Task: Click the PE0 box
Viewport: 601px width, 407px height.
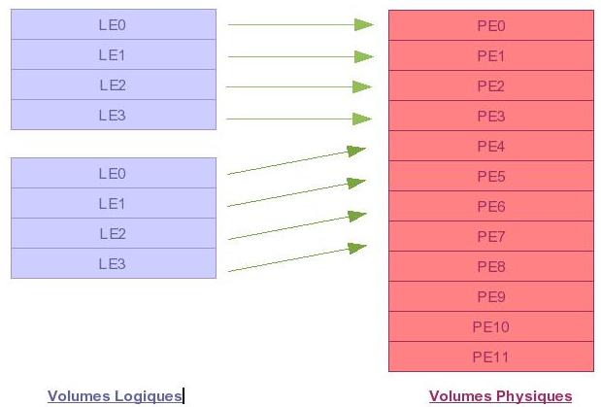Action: (x=491, y=25)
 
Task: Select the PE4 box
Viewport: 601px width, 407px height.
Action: (x=491, y=146)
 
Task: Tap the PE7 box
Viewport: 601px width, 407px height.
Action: (x=491, y=236)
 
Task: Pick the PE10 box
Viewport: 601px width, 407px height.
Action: (x=491, y=326)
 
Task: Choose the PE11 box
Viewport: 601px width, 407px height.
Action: (x=491, y=356)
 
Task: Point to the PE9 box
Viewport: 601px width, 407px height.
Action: (x=491, y=296)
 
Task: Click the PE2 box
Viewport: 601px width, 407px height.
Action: (x=491, y=85)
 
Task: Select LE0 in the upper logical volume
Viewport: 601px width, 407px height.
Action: (x=114, y=24)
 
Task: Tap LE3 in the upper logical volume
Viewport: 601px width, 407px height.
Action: (x=114, y=115)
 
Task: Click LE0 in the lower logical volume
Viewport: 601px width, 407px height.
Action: (x=114, y=173)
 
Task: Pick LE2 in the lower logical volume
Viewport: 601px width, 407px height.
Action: (x=114, y=233)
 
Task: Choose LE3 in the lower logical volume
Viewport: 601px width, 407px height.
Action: (x=114, y=263)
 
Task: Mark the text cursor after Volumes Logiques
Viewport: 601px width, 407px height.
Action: (x=184, y=396)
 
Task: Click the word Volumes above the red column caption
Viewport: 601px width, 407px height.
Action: (x=460, y=396)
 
